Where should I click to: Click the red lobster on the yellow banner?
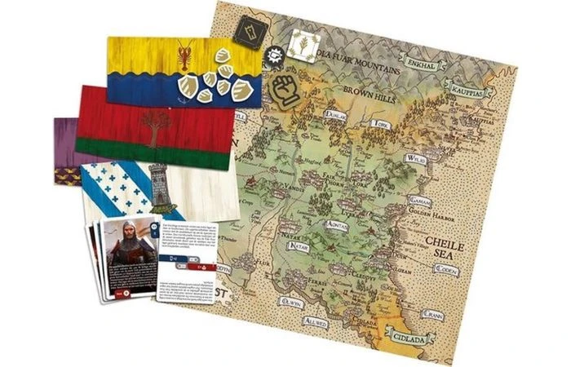pos(184,56)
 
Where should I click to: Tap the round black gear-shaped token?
pos(277,51)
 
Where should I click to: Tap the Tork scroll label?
pos(379,125)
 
